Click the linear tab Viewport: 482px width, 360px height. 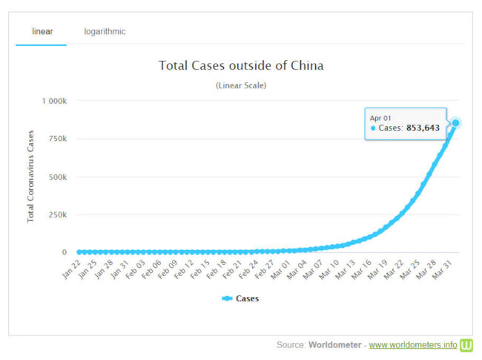coord(42,32)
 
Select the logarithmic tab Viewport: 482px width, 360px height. coord(105,32)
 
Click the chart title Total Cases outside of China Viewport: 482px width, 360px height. coord(241,65)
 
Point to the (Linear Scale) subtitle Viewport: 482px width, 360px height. coord(241,85)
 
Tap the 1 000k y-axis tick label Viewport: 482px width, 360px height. coord(53,101)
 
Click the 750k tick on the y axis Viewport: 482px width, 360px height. coord(58,139)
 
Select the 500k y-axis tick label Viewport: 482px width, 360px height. coord(58,177)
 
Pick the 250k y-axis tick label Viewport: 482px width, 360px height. coord(58,215)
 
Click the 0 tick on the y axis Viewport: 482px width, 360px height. coord(65,253)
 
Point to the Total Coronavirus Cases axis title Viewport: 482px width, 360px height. coord(31,177)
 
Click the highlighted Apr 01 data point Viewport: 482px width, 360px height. coord(456,122)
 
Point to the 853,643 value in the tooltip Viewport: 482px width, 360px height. coord(423,128)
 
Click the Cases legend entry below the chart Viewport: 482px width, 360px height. coord(241,298)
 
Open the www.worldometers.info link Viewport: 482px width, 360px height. coord(412,345)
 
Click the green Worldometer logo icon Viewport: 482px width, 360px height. coord(466,345)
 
